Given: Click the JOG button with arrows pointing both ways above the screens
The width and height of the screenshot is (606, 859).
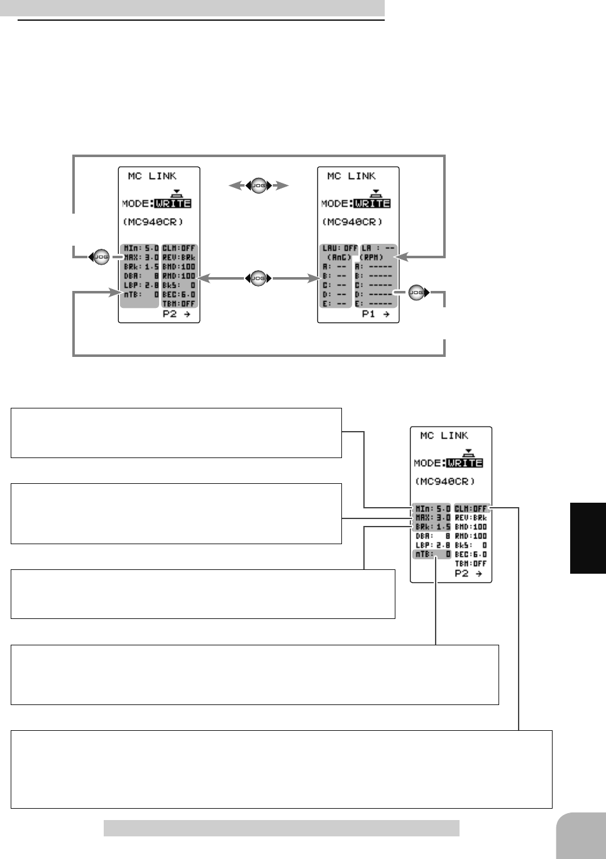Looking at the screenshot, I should point(258,185).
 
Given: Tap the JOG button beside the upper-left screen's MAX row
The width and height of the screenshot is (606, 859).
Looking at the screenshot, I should point(101,257).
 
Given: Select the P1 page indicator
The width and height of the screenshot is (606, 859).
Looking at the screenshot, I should point(376,314).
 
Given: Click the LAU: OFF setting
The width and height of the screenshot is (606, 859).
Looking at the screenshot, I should point(339,248).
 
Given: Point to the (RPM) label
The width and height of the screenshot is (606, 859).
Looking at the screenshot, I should point(372,258).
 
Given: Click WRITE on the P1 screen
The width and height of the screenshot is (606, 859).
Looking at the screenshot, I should point(372,204).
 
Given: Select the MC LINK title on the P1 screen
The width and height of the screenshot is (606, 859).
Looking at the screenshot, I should point(351,176).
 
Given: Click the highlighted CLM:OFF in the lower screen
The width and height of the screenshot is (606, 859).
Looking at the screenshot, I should point(471,508).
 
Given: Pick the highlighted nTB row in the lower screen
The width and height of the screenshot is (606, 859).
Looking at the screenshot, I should point(432,554).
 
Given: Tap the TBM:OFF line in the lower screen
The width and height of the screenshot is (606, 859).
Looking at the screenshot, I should point(471,564).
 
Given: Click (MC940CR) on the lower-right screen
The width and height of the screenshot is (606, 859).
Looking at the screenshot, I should point(445,481).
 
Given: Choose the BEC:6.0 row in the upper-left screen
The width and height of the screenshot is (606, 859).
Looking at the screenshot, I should point(179,294).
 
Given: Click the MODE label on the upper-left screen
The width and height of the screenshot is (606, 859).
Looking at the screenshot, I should point(136,204).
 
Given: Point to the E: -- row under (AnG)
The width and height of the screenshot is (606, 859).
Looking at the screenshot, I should point(335,304).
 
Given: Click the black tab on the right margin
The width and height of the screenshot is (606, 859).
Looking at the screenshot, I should point(588,538).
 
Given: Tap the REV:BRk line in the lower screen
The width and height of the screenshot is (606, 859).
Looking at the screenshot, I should point(471,518).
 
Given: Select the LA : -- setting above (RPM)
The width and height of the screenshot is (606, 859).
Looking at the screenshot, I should point(378,248).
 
